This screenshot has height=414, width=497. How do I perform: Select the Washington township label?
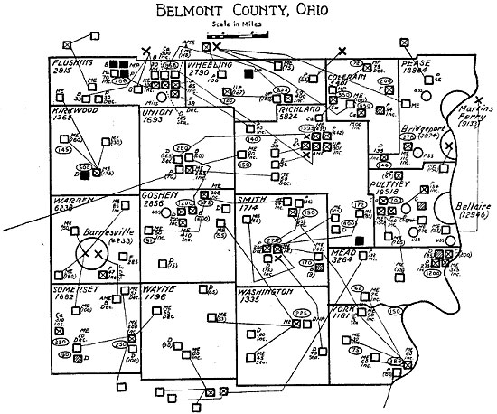(x=267, y=293)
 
